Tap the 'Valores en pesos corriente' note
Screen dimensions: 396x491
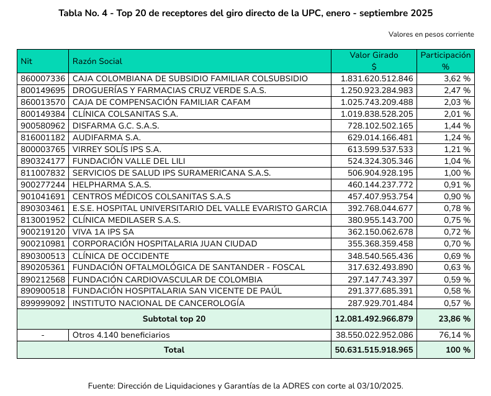tap(431, 34)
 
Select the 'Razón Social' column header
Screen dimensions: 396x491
tap(97, 61)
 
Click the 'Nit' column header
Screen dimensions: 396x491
tap(26, 61)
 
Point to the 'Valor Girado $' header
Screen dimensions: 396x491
tap(374, 61)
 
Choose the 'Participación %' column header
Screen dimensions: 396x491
tap(445, 61)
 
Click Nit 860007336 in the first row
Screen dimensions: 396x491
tap(43, 79)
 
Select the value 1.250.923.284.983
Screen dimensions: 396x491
tap(377, 90)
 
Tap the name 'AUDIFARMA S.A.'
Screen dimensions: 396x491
tap(107, 137)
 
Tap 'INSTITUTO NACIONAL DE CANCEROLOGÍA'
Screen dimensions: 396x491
tap(158, 303)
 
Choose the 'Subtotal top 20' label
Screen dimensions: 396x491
tap(174, 319)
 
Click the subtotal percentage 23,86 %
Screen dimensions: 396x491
tap(454, 319)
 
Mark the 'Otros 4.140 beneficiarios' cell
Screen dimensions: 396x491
tap(121, 335)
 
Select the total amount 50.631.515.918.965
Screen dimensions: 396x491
tap(374, 350)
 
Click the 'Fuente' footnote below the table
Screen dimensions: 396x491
tap(246, 385)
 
